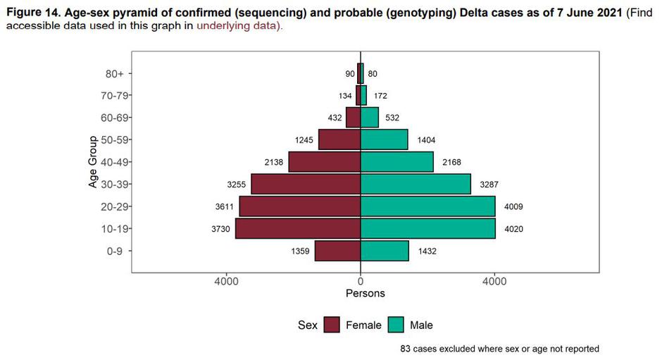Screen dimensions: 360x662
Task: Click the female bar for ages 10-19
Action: pos(298,229)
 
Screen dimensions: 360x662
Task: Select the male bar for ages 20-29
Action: pos(427,206)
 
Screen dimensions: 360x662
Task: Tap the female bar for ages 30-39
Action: pos(306,184)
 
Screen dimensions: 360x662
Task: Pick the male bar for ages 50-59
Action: pos(384,139)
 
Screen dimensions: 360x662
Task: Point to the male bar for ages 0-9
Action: pos(385,251)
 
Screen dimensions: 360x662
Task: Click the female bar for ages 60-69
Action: pos(353,118)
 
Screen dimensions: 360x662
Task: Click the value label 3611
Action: pos(224,206)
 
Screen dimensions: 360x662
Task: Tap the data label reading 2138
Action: pos(273,162)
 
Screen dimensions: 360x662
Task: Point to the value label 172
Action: pos(380,96)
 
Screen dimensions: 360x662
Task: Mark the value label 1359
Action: pos(300,251)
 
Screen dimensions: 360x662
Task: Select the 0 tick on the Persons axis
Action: pos(361,282)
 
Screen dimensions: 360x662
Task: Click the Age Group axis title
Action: pos(93,162)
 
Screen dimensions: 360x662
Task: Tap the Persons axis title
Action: pos(365,293)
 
